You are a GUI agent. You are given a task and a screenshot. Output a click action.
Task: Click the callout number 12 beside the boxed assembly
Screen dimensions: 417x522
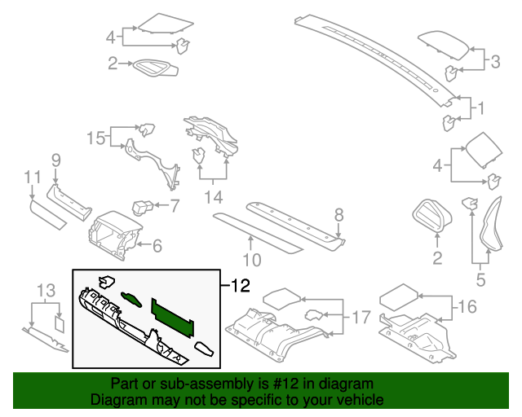pyautogui.click(x=239, y=286)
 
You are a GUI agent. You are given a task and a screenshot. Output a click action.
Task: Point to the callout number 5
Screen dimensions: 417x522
pyautogui.click(x=480, y=281)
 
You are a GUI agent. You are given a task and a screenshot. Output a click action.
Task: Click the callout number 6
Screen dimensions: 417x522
pyautogui.click(x=157, y=244)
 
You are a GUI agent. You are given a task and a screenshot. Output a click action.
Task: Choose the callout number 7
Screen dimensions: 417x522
pyautogui.click(x=173, y=206)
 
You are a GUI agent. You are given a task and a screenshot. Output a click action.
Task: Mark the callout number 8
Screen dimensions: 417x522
pyautogui.click(x=339, y=215)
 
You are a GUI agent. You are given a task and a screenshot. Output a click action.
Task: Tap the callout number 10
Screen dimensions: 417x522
pyautogui.click(x=252, y=261)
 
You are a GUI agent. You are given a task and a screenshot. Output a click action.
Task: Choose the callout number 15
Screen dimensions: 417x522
pyautogui.click(x=96, y=138)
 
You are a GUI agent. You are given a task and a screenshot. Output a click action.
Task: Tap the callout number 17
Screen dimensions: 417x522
pyautogui.click(x=361, y=317)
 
